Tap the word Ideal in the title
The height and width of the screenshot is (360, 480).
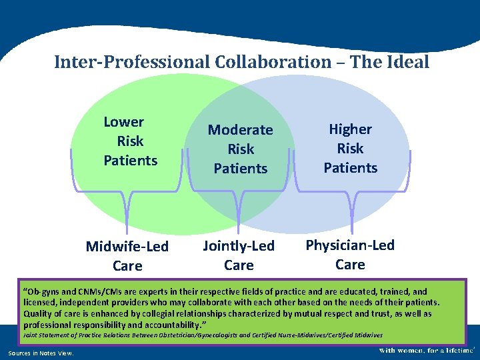coord(405,62)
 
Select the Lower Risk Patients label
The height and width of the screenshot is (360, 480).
coord(130,141)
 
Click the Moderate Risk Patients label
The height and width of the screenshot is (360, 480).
coord(240,149)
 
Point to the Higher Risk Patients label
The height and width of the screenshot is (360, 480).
coord(350,148)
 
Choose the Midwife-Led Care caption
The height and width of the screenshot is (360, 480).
coord(127,256)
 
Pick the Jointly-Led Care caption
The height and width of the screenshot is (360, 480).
coord(239,255)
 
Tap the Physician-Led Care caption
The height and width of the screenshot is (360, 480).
coord(350,255)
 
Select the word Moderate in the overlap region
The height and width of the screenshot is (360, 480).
coord(240,130)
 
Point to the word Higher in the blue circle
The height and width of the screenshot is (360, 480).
coord(350,129)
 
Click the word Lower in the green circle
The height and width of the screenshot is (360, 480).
coord(124,122)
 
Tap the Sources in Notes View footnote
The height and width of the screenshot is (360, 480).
coord(41,353)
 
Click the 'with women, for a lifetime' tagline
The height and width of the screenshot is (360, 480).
coord(427,350)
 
